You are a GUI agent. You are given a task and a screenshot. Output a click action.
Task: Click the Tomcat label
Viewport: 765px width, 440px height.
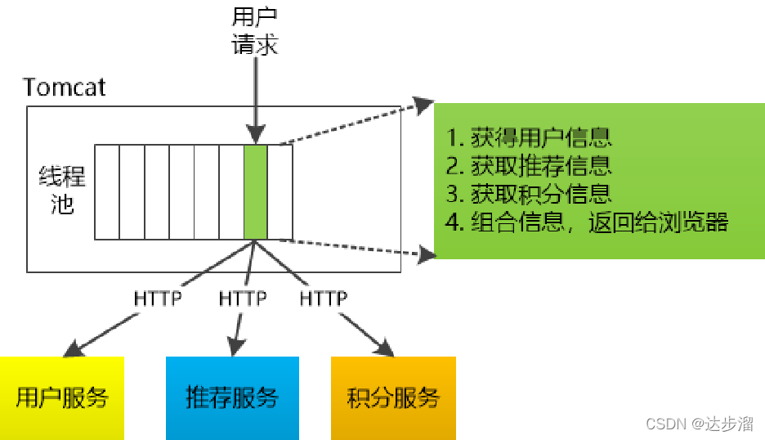(x=65, y=87)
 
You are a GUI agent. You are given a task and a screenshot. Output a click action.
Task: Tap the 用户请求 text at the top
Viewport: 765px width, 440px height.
(x=255, y=30)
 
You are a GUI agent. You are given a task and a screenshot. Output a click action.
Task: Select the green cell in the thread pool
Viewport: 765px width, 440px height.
(x=256, y=192)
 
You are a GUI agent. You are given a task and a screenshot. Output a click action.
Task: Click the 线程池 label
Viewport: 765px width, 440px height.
(x=62, y=190)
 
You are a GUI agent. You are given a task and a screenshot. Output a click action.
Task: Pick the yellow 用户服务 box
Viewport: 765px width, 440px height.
(x=62, y=397)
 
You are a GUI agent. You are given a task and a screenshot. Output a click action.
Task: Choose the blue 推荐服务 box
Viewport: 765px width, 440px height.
(x=232, y=397)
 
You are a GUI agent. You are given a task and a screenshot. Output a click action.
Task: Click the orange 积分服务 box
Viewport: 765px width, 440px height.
(x=393, y=397)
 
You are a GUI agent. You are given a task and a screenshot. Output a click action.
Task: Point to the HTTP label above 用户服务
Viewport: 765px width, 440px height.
(x=158, y=299)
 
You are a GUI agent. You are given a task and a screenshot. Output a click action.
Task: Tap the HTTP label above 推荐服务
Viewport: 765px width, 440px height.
(x=243, y=299)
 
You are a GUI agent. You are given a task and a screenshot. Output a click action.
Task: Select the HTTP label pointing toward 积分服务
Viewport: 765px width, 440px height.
(x=324, y=299)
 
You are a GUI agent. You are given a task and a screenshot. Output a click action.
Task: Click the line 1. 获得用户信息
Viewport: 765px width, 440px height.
(x=530, y=136)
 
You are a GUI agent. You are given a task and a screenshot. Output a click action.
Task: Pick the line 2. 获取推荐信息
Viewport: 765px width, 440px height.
(x=530, y=165)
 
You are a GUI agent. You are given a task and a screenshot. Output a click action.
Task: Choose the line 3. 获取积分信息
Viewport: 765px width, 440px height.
(x=530, y=194)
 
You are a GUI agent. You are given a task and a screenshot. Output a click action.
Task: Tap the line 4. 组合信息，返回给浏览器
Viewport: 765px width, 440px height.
(x=587, y=222)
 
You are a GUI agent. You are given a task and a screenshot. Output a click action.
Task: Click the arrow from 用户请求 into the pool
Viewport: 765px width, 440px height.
(x=255, y=98)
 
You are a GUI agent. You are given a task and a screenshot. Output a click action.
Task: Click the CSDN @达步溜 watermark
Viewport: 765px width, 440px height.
(x=699, y=424)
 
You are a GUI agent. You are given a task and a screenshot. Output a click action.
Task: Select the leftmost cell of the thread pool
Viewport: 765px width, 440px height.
(x=107, y=192)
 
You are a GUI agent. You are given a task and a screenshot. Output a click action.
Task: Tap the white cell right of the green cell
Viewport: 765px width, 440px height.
(x=280, y=192)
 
